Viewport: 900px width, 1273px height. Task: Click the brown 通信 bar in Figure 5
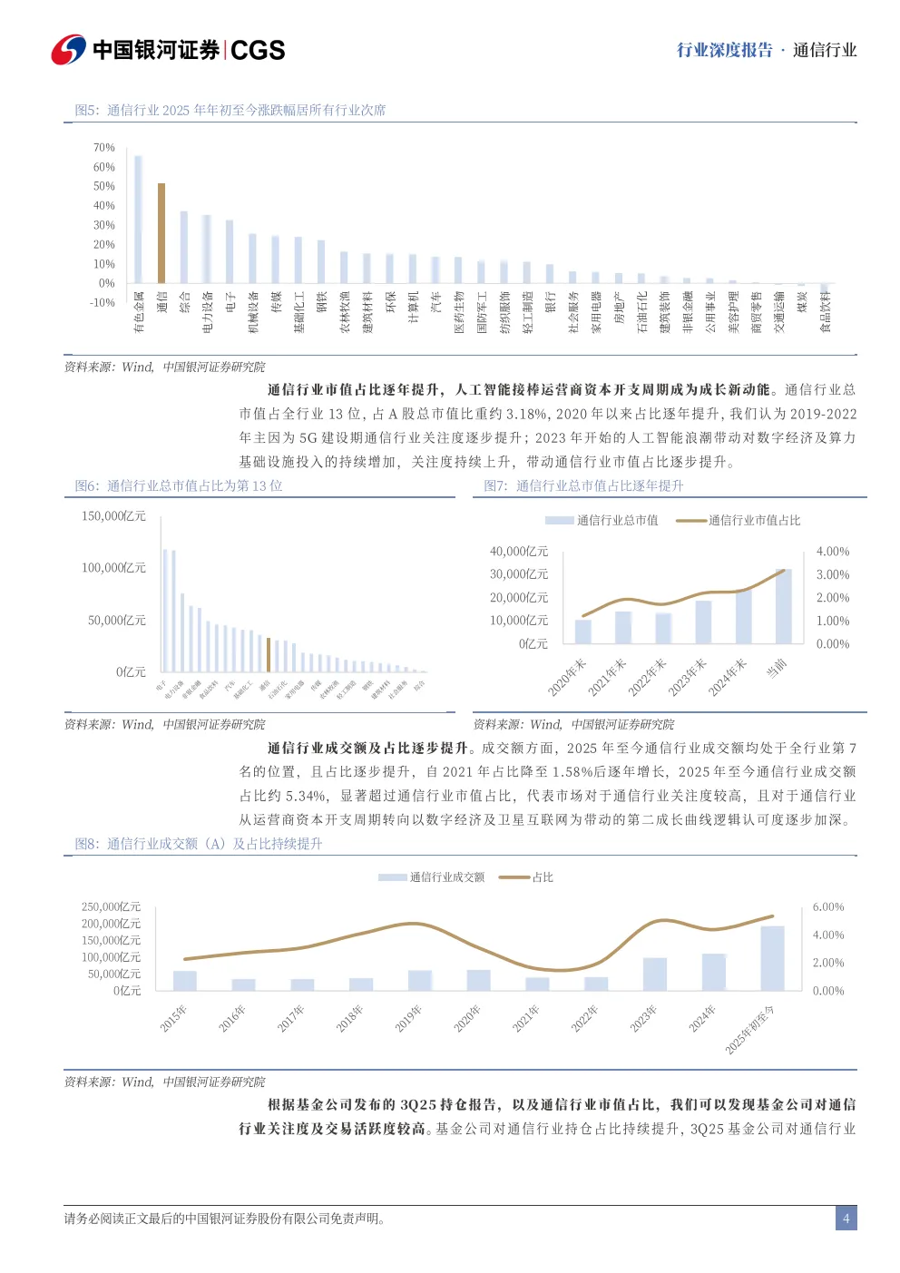click(161, 233)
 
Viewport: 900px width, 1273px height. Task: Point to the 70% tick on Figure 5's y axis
click(104, 148)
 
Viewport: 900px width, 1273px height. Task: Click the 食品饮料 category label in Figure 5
click(826, 312)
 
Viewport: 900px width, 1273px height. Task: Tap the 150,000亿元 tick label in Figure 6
click(113, 516)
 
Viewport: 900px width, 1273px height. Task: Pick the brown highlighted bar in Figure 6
click(269, 654)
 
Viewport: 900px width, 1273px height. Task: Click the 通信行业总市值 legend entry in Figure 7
click(602, 521)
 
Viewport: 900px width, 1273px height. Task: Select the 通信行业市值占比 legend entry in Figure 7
click(739, 521)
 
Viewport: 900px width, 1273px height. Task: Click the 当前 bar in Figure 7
click(784, 606)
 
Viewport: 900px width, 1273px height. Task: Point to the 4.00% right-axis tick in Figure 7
click(833, 552)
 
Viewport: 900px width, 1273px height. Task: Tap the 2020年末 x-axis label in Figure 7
click(568, 677)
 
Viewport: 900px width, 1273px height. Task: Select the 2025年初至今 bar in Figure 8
click(772, 958)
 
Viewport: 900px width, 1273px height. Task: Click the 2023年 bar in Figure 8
click(655, 974)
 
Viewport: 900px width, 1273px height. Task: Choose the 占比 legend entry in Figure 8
click(527, 877)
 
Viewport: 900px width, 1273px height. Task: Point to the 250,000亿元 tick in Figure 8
click(112, 907)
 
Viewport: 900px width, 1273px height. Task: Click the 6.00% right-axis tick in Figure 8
click(828, 907)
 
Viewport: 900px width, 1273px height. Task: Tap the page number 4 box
click(846, 1219)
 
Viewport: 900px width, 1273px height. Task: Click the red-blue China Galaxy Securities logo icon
click(68, 50)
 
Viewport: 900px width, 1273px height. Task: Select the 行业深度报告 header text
click(725, 50)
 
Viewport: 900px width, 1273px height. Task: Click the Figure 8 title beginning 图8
click(199, 844)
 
